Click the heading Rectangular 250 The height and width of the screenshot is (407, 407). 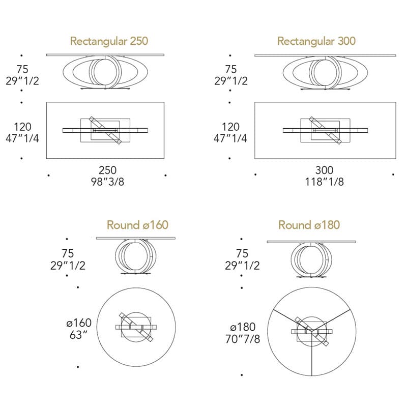click(x=109, y=41)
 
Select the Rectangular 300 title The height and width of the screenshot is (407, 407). click(x=316, y=41)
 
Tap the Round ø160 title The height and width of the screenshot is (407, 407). click(x=137, y=225)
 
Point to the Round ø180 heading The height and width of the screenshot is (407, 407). click(x=309, y=225)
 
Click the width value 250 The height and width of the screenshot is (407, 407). click(x=107, y=170)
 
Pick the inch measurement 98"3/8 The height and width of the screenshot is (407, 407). click(x=107, y=182)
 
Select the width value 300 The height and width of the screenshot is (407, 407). click(x=324, y=170)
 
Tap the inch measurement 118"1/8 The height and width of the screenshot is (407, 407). click(x=324, y=182)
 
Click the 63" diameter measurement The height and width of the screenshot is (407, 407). click(x=78, y=335)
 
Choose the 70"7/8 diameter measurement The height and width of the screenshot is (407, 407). click(x=243, y=339)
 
